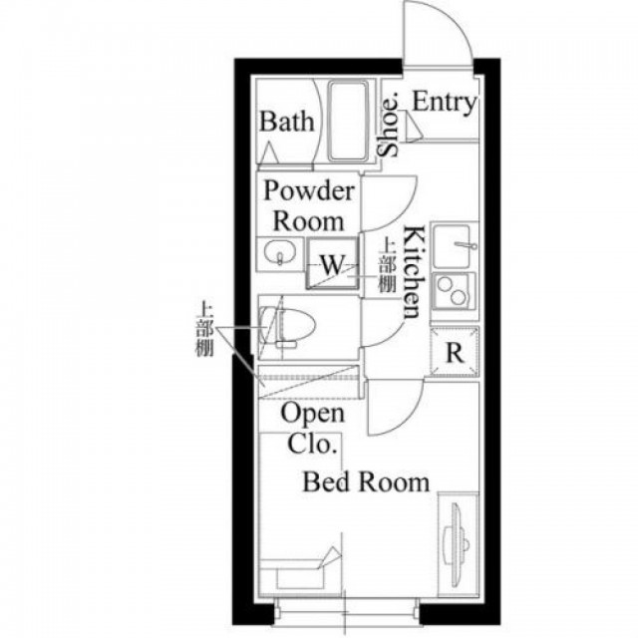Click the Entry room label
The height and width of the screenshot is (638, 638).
tap(444, 102)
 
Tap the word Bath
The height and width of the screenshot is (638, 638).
tap(287, 122)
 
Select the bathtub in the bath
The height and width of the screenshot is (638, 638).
tap(348, 121)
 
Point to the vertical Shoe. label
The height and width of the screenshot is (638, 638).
tap(388, 125)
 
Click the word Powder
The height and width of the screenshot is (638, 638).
tap(309, 190)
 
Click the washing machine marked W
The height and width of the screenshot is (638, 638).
tap(332, 263)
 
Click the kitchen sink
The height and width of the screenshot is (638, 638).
tap(452, 245)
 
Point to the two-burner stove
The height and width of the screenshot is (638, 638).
tap(453, 291)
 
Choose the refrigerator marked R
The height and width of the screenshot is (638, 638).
tap(455, 352)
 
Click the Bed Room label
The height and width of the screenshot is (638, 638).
tap(366, 482)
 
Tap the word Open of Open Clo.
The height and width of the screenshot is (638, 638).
tap(312, 415)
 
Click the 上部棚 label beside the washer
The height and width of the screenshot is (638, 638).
tap(387, 266)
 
